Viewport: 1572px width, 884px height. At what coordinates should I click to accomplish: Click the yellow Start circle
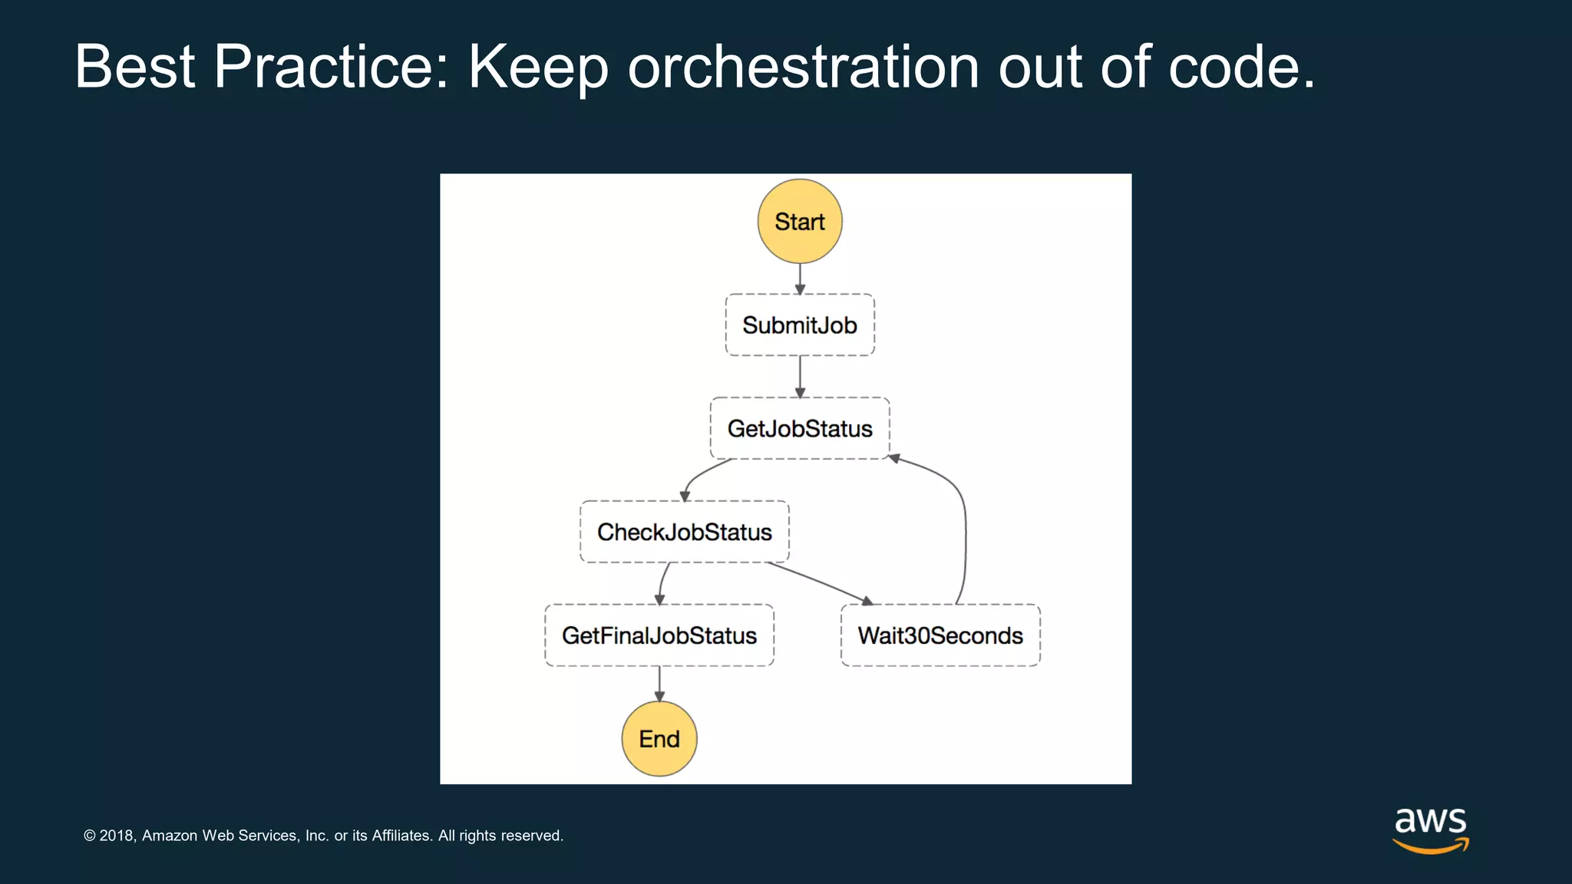point(800,222)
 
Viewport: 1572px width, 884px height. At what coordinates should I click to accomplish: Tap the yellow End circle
point(659,739)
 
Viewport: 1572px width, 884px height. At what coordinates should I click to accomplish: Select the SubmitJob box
point(800,325)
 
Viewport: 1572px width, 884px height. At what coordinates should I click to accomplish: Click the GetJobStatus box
point(800,428)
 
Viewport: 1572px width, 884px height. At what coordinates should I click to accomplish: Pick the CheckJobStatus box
point(685,532)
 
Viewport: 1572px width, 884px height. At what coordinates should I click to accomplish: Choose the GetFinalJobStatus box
point(659,635)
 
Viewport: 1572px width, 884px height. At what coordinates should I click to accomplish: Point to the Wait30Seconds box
point(940,635)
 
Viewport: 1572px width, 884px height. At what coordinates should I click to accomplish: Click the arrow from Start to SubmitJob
point(800,279)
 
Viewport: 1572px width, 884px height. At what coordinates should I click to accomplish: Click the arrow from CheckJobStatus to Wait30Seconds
point(820,583)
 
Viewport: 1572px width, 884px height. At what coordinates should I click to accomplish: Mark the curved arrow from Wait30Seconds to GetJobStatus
point(964,529)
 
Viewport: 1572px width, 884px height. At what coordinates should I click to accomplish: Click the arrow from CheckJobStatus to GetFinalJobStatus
point(662,583)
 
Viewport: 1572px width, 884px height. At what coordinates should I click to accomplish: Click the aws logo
point(1431,829)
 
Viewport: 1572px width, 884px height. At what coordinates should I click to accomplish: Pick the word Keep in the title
point(538,68)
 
